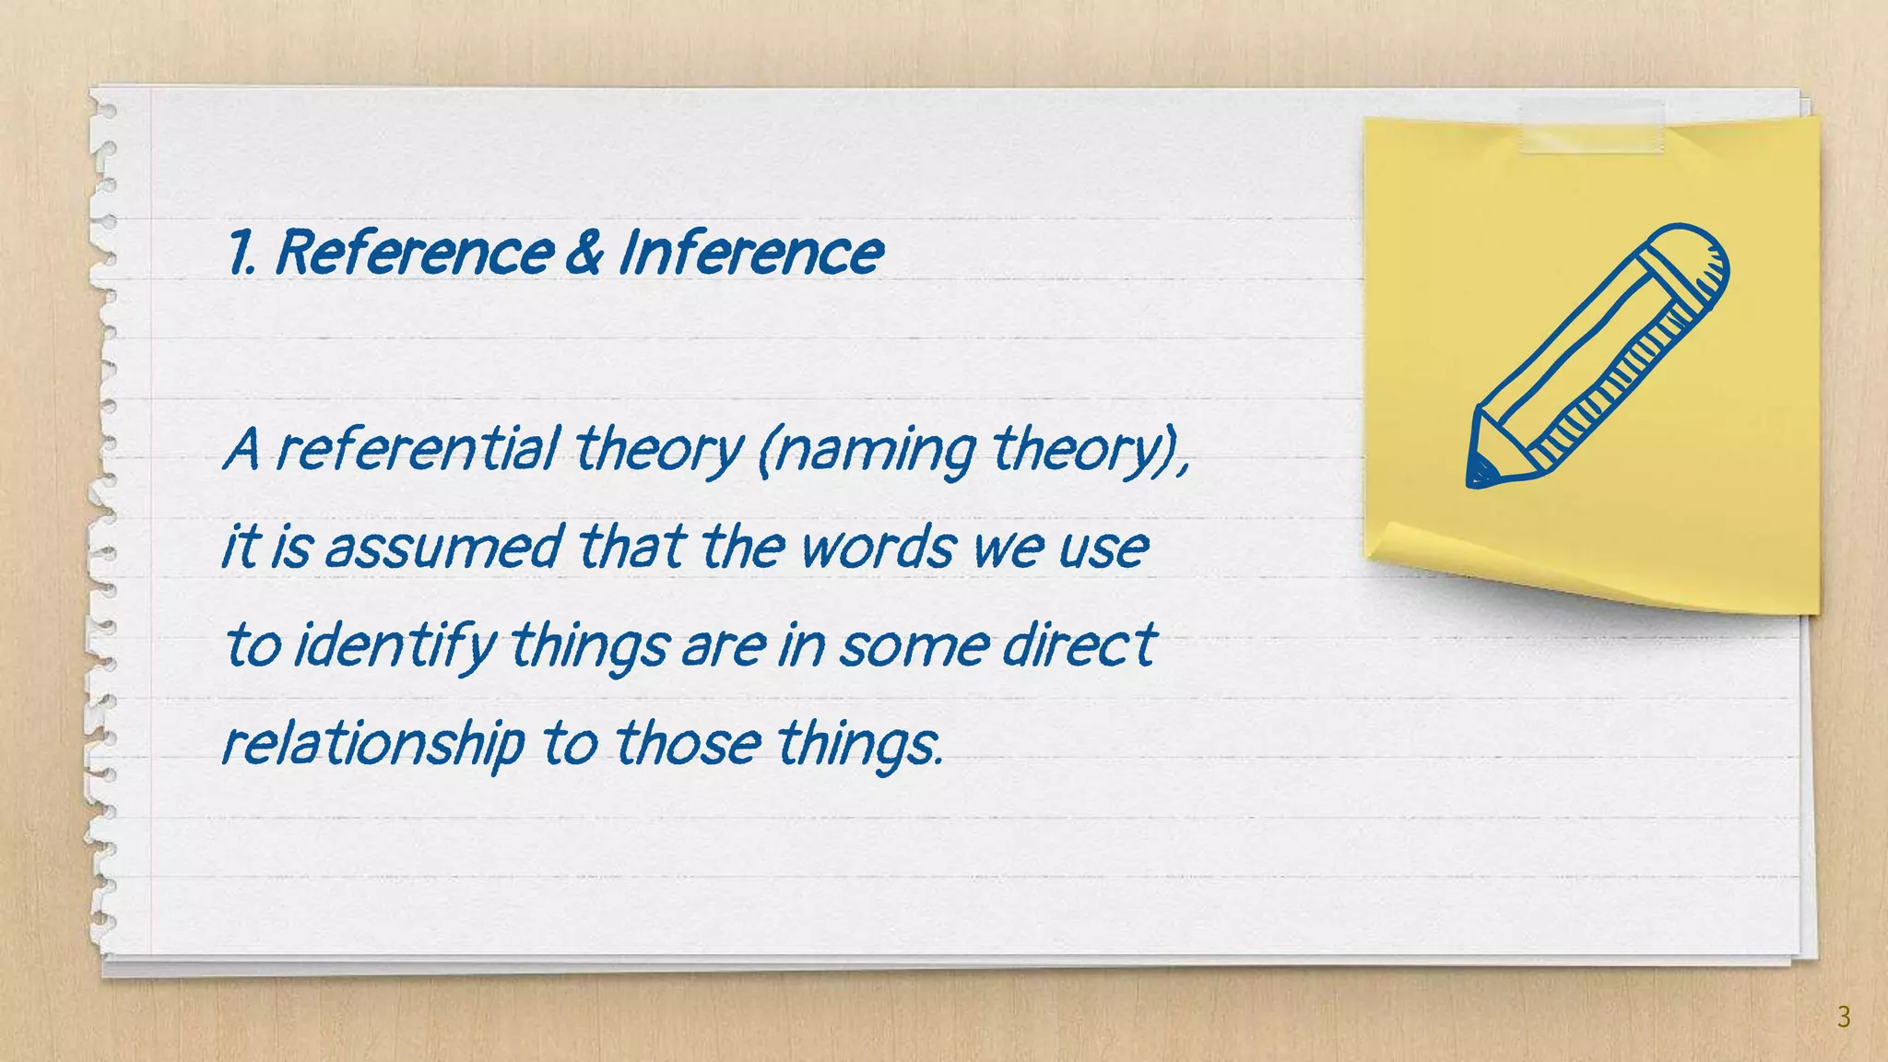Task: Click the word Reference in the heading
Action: tap(414, 252)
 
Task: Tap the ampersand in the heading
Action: tap(584, 252)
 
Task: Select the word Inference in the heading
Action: tap(750, 252)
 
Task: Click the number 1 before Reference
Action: tap(240, 252)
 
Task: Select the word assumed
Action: tap(443, 546)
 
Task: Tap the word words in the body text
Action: tap(877, 546)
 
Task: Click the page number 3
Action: tap(1843, 1017)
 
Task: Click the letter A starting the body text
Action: tap(242, 450)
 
